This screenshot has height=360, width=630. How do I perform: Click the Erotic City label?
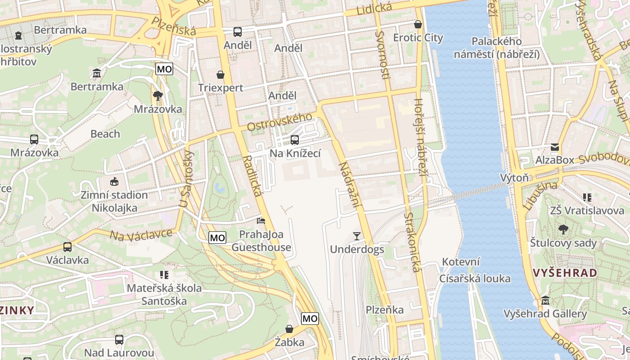pos(418,38)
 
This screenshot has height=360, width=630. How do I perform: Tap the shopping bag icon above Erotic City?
pos(418,24)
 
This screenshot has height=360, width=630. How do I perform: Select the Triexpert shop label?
pos(220,88)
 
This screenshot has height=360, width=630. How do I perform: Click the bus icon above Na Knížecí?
pos(295,140)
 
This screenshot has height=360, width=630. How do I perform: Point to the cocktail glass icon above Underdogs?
pos(357,236)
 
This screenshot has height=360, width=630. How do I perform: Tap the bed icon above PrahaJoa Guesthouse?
pos(261,220)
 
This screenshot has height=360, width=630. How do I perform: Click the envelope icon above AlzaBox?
pos(554,147)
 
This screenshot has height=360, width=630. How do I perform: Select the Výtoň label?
pos(514,178)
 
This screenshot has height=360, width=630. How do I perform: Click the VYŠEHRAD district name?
pos(565,273)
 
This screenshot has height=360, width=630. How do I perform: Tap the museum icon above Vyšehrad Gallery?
pos(545,300)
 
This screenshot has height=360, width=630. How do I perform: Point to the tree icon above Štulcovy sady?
pos(563,229)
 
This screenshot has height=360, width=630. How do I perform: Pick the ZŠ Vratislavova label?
pos(580,210)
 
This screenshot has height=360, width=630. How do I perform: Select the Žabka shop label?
pos(289,342)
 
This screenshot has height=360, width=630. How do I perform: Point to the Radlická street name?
pos(252,176)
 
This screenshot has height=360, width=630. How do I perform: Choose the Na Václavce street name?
pos(141,234)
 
